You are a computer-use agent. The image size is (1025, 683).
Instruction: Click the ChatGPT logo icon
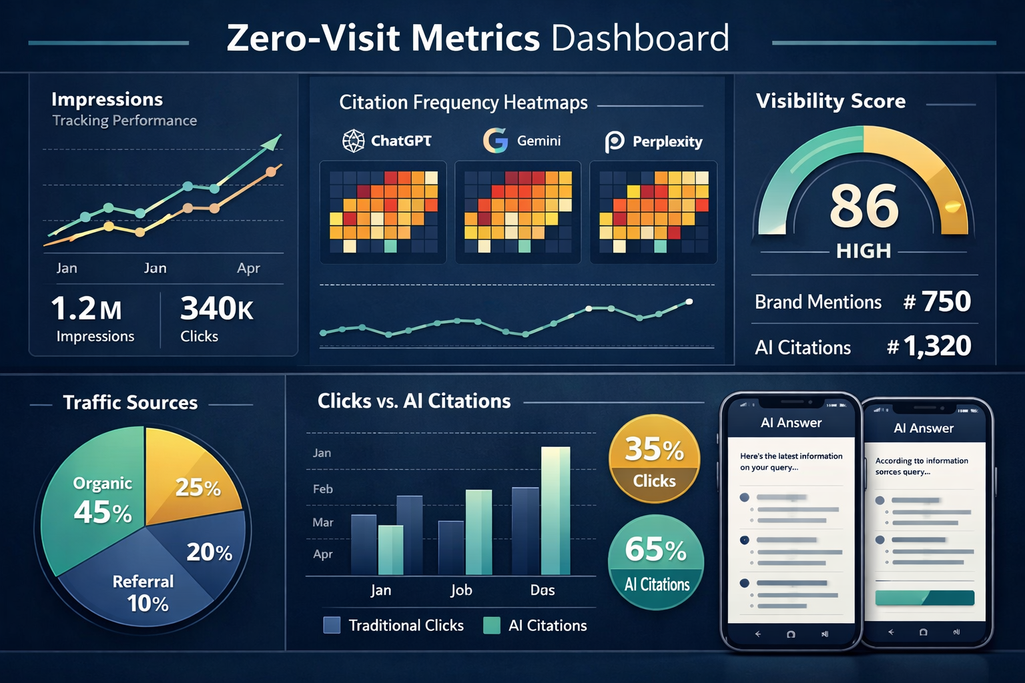point(353,141)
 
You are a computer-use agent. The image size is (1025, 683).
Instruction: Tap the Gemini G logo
point(495,141)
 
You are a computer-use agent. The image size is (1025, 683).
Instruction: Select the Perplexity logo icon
point(614,142)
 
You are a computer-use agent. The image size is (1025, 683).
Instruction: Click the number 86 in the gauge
point(864,206)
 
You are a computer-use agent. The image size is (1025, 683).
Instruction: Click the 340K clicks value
point(216,309)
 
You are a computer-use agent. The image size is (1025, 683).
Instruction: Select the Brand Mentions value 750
point(946,301)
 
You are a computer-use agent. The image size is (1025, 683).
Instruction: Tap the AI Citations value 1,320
point(937,346)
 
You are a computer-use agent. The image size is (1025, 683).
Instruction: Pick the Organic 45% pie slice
point(93,507)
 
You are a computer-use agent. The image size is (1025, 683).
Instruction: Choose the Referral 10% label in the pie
point(144,592)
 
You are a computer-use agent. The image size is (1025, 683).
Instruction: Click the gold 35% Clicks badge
point(654,459)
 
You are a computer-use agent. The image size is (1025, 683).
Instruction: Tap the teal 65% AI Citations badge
point(656,562)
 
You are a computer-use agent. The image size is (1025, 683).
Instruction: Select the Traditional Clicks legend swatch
point(332,625)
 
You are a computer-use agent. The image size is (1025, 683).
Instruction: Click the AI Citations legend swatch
point(492,625)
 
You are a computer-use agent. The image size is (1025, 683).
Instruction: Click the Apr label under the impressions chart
point(248,268)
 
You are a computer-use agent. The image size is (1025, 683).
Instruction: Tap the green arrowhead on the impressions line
point(272,142)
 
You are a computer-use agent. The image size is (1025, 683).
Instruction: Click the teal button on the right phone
point(924,598)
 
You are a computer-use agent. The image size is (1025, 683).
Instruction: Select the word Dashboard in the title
point(640,38)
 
